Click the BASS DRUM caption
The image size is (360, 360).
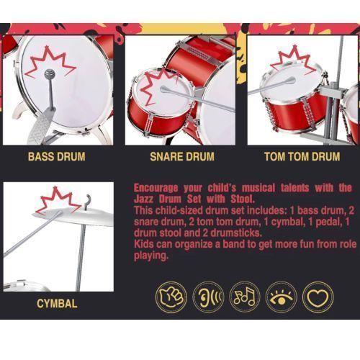(57, 156)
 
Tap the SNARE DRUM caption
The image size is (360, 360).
(182, 156)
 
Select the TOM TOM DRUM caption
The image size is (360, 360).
(302, 156)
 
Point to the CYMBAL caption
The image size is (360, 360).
(57, 304)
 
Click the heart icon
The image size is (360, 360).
(318, 297)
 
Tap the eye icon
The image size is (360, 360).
(282, 297)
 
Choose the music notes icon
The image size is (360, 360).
(245, 297)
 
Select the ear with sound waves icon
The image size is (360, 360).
(208, 297)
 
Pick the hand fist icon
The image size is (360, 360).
(171, 297)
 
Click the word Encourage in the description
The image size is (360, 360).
(156, 188)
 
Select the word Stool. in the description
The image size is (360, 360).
(243, 199)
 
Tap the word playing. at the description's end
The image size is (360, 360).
(151, 256)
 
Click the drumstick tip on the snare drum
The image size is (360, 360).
(163, 89)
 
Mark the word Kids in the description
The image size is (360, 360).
(144, 244)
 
